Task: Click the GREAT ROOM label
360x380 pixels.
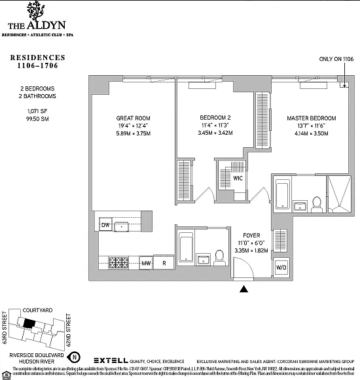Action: pos(133,118)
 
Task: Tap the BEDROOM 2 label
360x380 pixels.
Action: pos(215,118)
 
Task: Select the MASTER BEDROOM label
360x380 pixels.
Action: pos(311,118)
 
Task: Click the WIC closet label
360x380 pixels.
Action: pos(238,177)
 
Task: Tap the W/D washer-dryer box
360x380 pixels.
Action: pos(281,267)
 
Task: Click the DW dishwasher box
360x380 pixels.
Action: pos(105,226)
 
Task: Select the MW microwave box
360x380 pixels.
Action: pos(147,264)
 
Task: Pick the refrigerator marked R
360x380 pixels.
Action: pos(164,264)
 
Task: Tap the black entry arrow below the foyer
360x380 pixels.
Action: pos(245,288)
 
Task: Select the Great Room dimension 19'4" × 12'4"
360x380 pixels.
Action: pos(133,126)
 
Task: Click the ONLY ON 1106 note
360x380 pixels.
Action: pos(336,59)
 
